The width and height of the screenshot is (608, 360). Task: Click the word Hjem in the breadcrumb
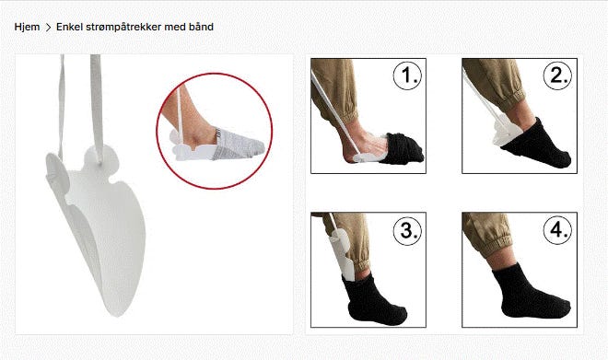27,27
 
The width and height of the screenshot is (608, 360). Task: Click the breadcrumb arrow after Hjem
49,27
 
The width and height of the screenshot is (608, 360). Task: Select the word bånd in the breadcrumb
201,27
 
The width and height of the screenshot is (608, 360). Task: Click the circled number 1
407,75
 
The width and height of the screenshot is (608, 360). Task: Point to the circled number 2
557,75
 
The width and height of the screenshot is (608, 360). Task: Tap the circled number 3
407,230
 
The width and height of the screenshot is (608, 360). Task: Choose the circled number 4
557,230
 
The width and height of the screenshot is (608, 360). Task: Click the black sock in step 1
403,148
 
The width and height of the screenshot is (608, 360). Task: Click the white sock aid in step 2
503,131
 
